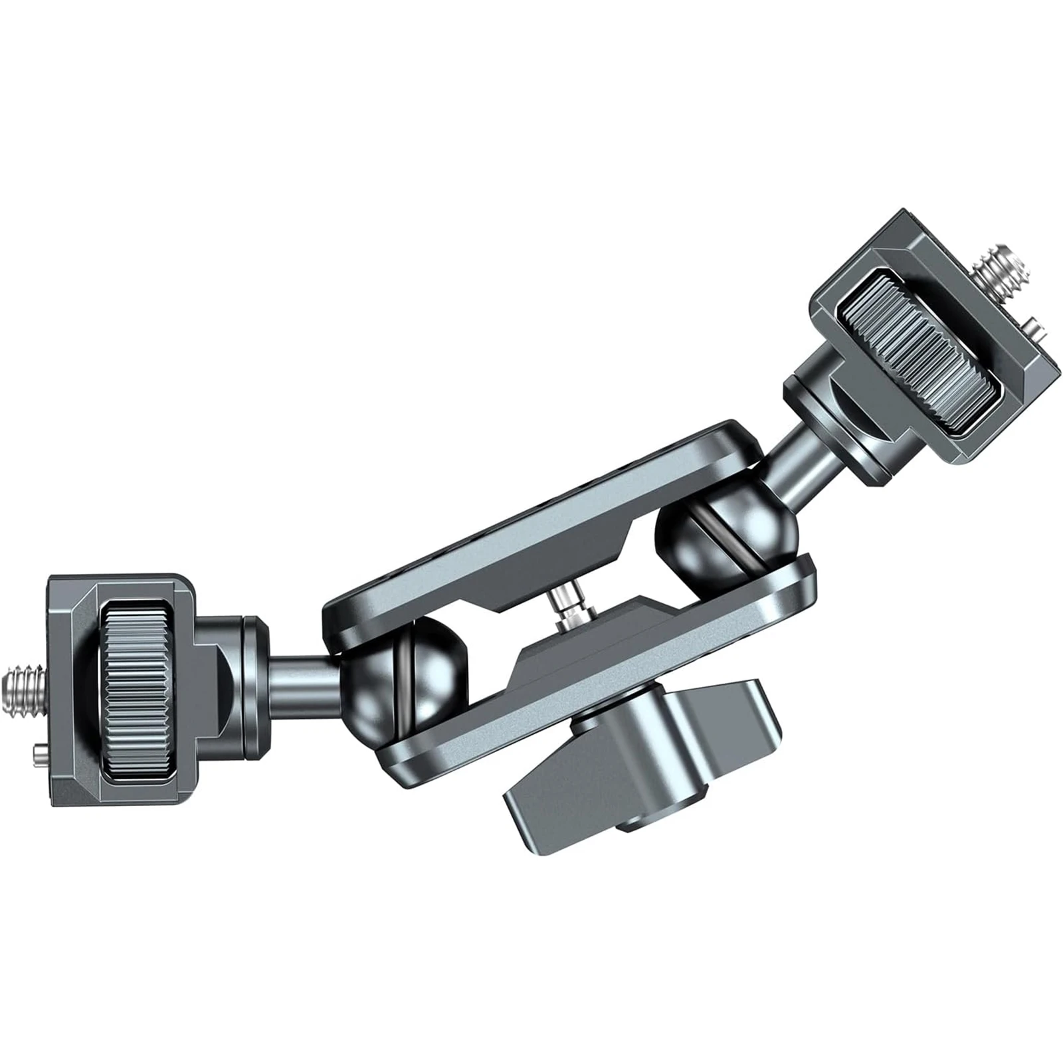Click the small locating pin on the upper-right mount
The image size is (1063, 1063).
click(1034, 325)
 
